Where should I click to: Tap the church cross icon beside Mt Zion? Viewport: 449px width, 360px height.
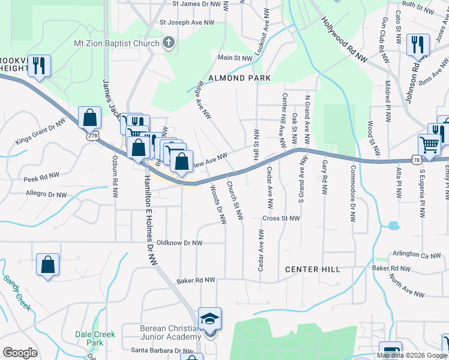169,43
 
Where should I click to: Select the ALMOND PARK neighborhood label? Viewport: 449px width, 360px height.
240,78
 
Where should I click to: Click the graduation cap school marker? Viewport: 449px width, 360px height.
209,318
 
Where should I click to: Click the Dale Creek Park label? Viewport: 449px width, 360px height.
91,338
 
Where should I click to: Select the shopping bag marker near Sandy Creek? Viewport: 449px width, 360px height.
48,265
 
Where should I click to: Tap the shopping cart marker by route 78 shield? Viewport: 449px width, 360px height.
430,144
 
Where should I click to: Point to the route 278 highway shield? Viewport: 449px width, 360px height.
92,136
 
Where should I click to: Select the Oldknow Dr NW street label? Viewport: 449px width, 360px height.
179,243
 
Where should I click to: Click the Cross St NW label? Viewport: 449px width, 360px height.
281,219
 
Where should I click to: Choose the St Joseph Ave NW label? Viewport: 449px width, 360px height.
187,22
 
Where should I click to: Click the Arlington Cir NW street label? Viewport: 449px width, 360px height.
417,254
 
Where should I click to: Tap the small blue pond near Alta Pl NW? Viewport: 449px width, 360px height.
393,226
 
